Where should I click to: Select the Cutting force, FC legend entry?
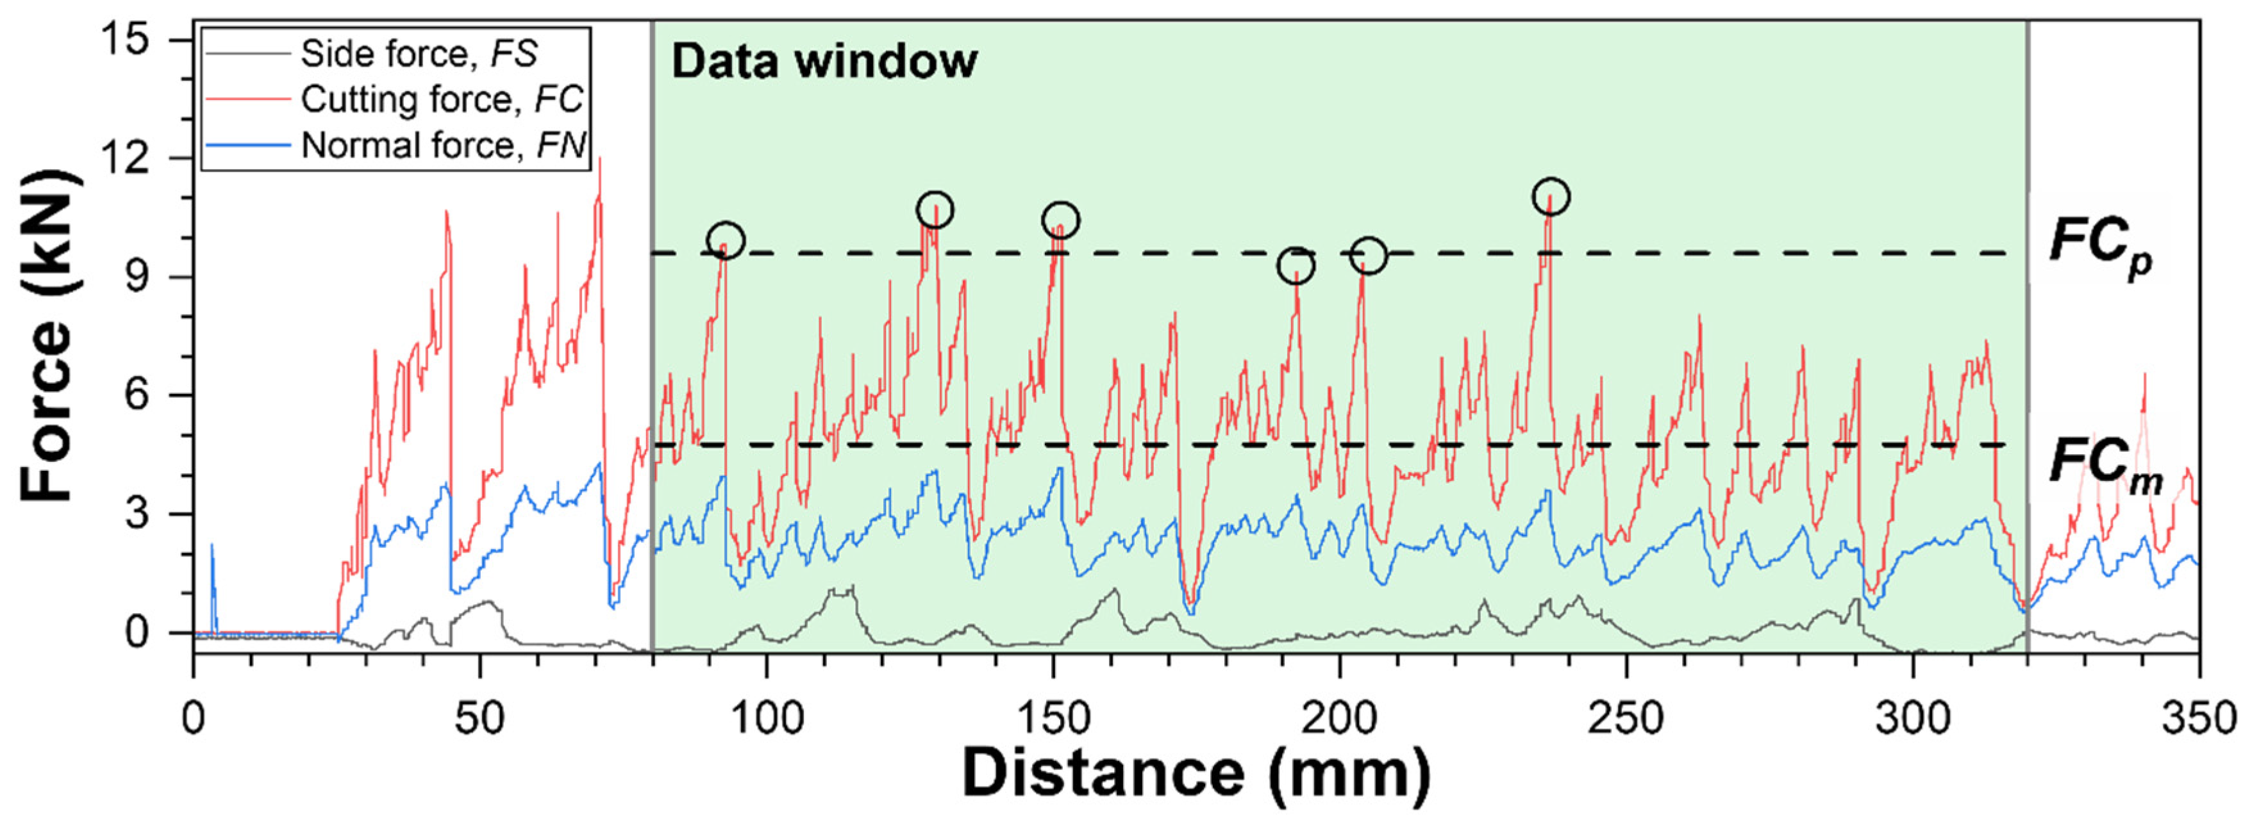point(441,99)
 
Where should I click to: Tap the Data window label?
point(824,61)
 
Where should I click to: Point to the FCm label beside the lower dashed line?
point(2103,467)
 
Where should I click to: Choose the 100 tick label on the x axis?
point(766,719)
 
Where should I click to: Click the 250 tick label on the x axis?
point(1626,719)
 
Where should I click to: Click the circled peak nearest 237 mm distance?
point(1551,197)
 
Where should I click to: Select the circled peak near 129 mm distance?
point(935,209)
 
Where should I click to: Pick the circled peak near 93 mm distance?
point(726,240)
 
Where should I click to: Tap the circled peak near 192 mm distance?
point(1296,265)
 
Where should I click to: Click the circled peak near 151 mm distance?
point(1060,220)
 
